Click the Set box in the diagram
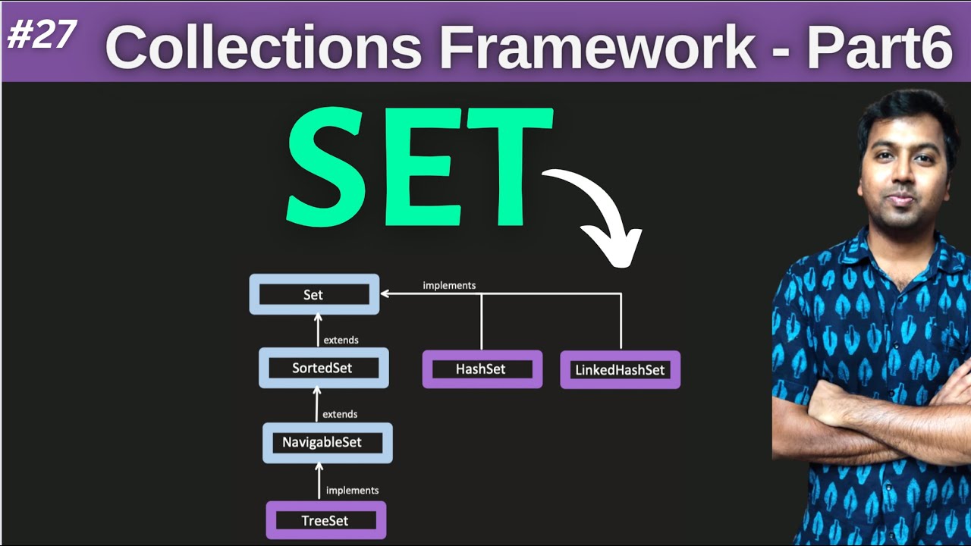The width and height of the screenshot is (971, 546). click(313, 294)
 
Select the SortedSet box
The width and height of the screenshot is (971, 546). click(322, 368)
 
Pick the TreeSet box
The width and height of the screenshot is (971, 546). click(325, 520)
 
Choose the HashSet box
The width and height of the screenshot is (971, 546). click(481, 369)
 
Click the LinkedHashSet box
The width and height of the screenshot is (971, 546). click(620, 369)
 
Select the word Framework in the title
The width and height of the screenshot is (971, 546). click(597, 47)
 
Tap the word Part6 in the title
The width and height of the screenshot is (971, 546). click(878, 47)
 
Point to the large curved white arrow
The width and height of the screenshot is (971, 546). click(603, 212)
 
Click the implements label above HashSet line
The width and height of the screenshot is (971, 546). click(449, 285)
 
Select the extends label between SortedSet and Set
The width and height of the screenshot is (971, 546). click(341, 340)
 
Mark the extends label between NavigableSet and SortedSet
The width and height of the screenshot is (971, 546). click(340, 414)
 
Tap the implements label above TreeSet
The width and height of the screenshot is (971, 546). click(352, 490)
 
